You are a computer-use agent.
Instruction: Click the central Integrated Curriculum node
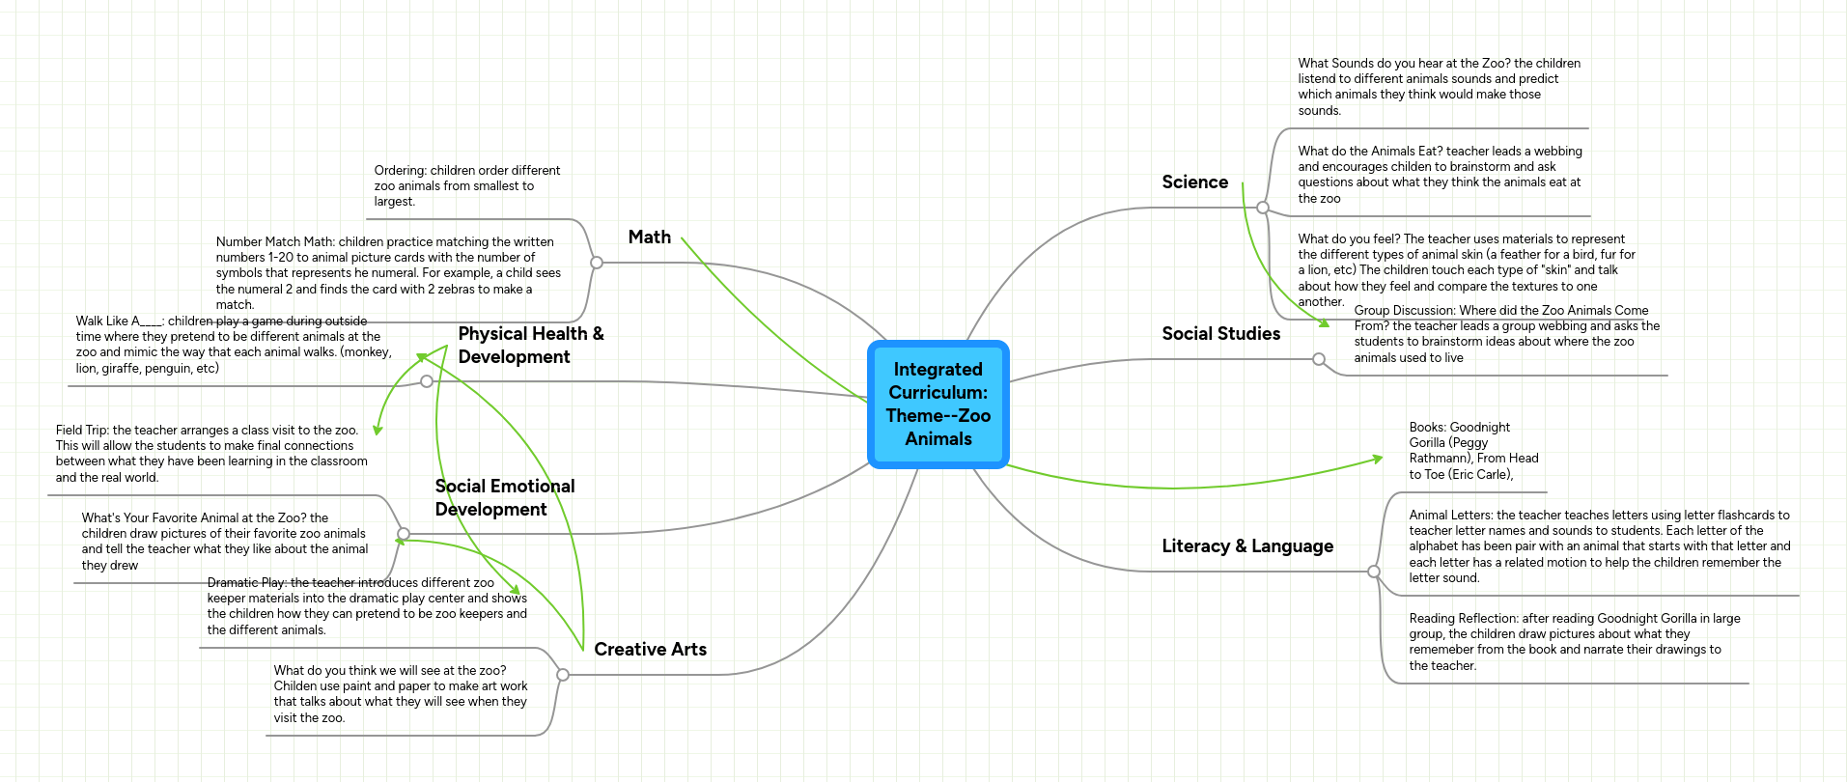(938, 405)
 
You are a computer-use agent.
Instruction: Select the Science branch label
(1194, 182)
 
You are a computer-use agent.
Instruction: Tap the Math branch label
(650, 237)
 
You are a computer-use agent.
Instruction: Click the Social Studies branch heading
(1221, 334)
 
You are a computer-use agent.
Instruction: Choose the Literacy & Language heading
(1247, 546)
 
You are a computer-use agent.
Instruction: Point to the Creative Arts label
(651, 650)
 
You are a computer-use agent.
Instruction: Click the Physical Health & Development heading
(531, 346)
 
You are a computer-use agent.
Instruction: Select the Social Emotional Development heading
(505, 498)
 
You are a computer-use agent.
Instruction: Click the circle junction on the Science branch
(1263, 208)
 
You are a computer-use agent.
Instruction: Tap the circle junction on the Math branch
(597, 263)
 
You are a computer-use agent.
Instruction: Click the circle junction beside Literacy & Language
(1374, 572)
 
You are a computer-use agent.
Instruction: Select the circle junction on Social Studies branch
(1319, 359)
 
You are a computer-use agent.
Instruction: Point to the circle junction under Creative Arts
(563, 675)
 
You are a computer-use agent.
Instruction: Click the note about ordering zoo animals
(467, 186)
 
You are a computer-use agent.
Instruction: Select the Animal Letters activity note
(1599, 546)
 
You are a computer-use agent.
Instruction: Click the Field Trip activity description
(211, 454)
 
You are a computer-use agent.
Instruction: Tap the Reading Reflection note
(1574, 642)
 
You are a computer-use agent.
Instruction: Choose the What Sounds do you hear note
(1439, 87)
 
